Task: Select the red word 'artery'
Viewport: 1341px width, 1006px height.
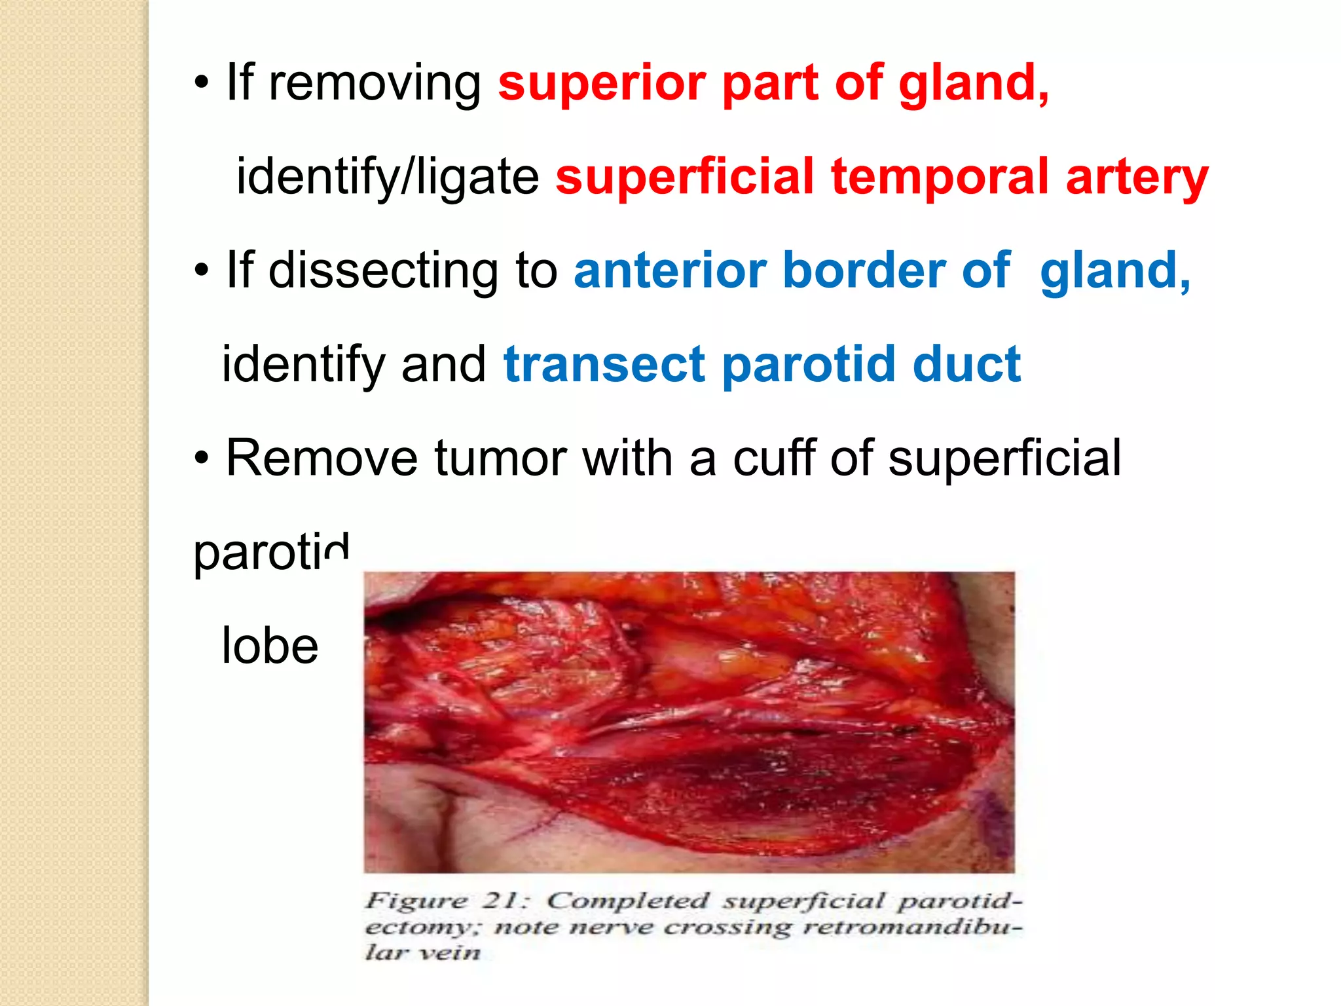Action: pos(1137,178)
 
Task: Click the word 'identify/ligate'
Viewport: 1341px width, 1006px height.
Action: pos(387,178)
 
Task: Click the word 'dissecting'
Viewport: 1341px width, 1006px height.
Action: pos(384,272)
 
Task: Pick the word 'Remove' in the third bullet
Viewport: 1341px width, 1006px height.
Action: pos(321,458)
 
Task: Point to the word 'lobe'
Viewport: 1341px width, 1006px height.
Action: pos(270,646)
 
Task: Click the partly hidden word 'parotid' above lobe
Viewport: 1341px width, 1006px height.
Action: pos(270,553)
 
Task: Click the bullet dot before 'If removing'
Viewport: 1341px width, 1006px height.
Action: pos(202,84)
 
